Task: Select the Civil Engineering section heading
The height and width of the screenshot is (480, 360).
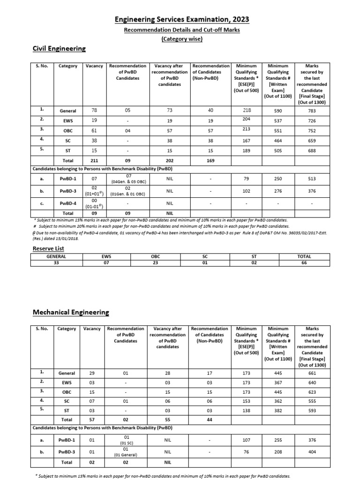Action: tap(59, 49)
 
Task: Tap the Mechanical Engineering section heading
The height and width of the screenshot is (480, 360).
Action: tap(70, 312)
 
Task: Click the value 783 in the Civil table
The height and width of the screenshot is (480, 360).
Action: tap(312, 111)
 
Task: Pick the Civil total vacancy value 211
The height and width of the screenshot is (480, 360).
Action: tap(94, 160)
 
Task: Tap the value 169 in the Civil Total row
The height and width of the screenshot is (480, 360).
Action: tap(211, 160)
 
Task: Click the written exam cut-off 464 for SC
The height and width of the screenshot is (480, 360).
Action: tap(278, 140)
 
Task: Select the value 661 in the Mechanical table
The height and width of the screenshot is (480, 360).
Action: tap(312, 373)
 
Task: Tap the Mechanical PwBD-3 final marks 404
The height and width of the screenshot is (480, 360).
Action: tap(312, 452)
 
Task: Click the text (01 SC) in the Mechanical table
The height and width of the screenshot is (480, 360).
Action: tap(127, 442)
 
